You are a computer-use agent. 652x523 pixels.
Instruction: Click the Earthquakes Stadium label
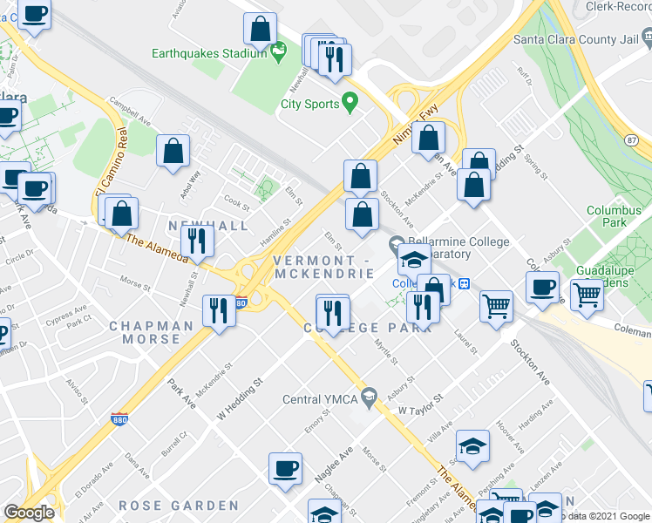(208, 53)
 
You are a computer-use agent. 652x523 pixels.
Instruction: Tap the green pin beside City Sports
(350, 103)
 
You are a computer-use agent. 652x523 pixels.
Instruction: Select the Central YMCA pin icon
(370, 398)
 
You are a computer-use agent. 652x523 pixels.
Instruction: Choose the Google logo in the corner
(29, 513)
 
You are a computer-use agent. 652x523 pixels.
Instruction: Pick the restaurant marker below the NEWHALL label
(200, 241)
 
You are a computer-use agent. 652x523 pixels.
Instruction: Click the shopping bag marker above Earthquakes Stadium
(261, 30)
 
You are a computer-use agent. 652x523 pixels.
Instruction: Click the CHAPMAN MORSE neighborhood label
(151, 332)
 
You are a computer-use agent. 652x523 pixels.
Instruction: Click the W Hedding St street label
(240, 397)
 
